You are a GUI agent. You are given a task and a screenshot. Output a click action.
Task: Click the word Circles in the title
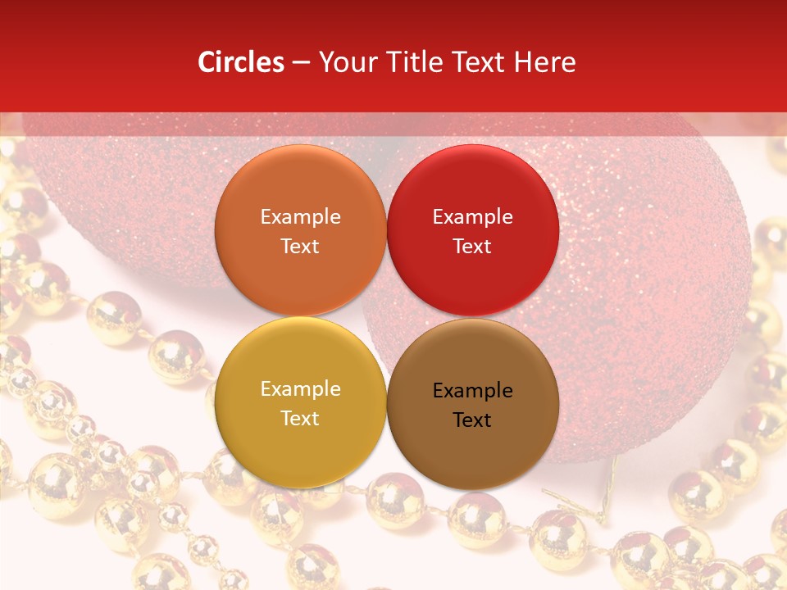(241, 62)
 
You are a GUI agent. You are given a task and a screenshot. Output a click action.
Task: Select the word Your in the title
(344, 62)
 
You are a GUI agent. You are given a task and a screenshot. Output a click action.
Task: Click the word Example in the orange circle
(300, 217)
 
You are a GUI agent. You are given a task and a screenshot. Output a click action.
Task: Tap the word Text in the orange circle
(300, 247)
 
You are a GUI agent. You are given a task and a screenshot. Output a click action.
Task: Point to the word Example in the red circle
(472, 217)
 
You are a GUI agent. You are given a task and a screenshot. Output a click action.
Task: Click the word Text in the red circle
(472, 247)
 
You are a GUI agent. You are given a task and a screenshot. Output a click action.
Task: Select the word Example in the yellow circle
(300, 389)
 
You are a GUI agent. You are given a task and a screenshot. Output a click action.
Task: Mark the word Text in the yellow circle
(300, 419)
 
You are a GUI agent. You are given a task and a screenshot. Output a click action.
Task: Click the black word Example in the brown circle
(472, 391)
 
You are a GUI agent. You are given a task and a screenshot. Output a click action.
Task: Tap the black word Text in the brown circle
(472, 420)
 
